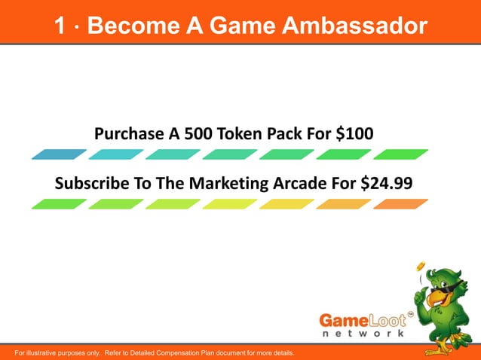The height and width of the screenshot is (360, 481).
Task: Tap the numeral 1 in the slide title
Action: [60, 27]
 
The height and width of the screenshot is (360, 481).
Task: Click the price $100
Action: [354, 134]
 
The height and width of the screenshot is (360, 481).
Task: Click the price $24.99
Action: [385, 184]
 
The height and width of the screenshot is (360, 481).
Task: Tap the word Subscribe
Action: [89, 184]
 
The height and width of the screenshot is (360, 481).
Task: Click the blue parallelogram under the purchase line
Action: [60, 154]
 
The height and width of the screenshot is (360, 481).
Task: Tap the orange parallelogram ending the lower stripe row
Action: [400, 204]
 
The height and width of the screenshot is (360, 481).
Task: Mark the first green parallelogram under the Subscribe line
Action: [60, 204]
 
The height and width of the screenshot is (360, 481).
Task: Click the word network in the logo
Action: [363, 333]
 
